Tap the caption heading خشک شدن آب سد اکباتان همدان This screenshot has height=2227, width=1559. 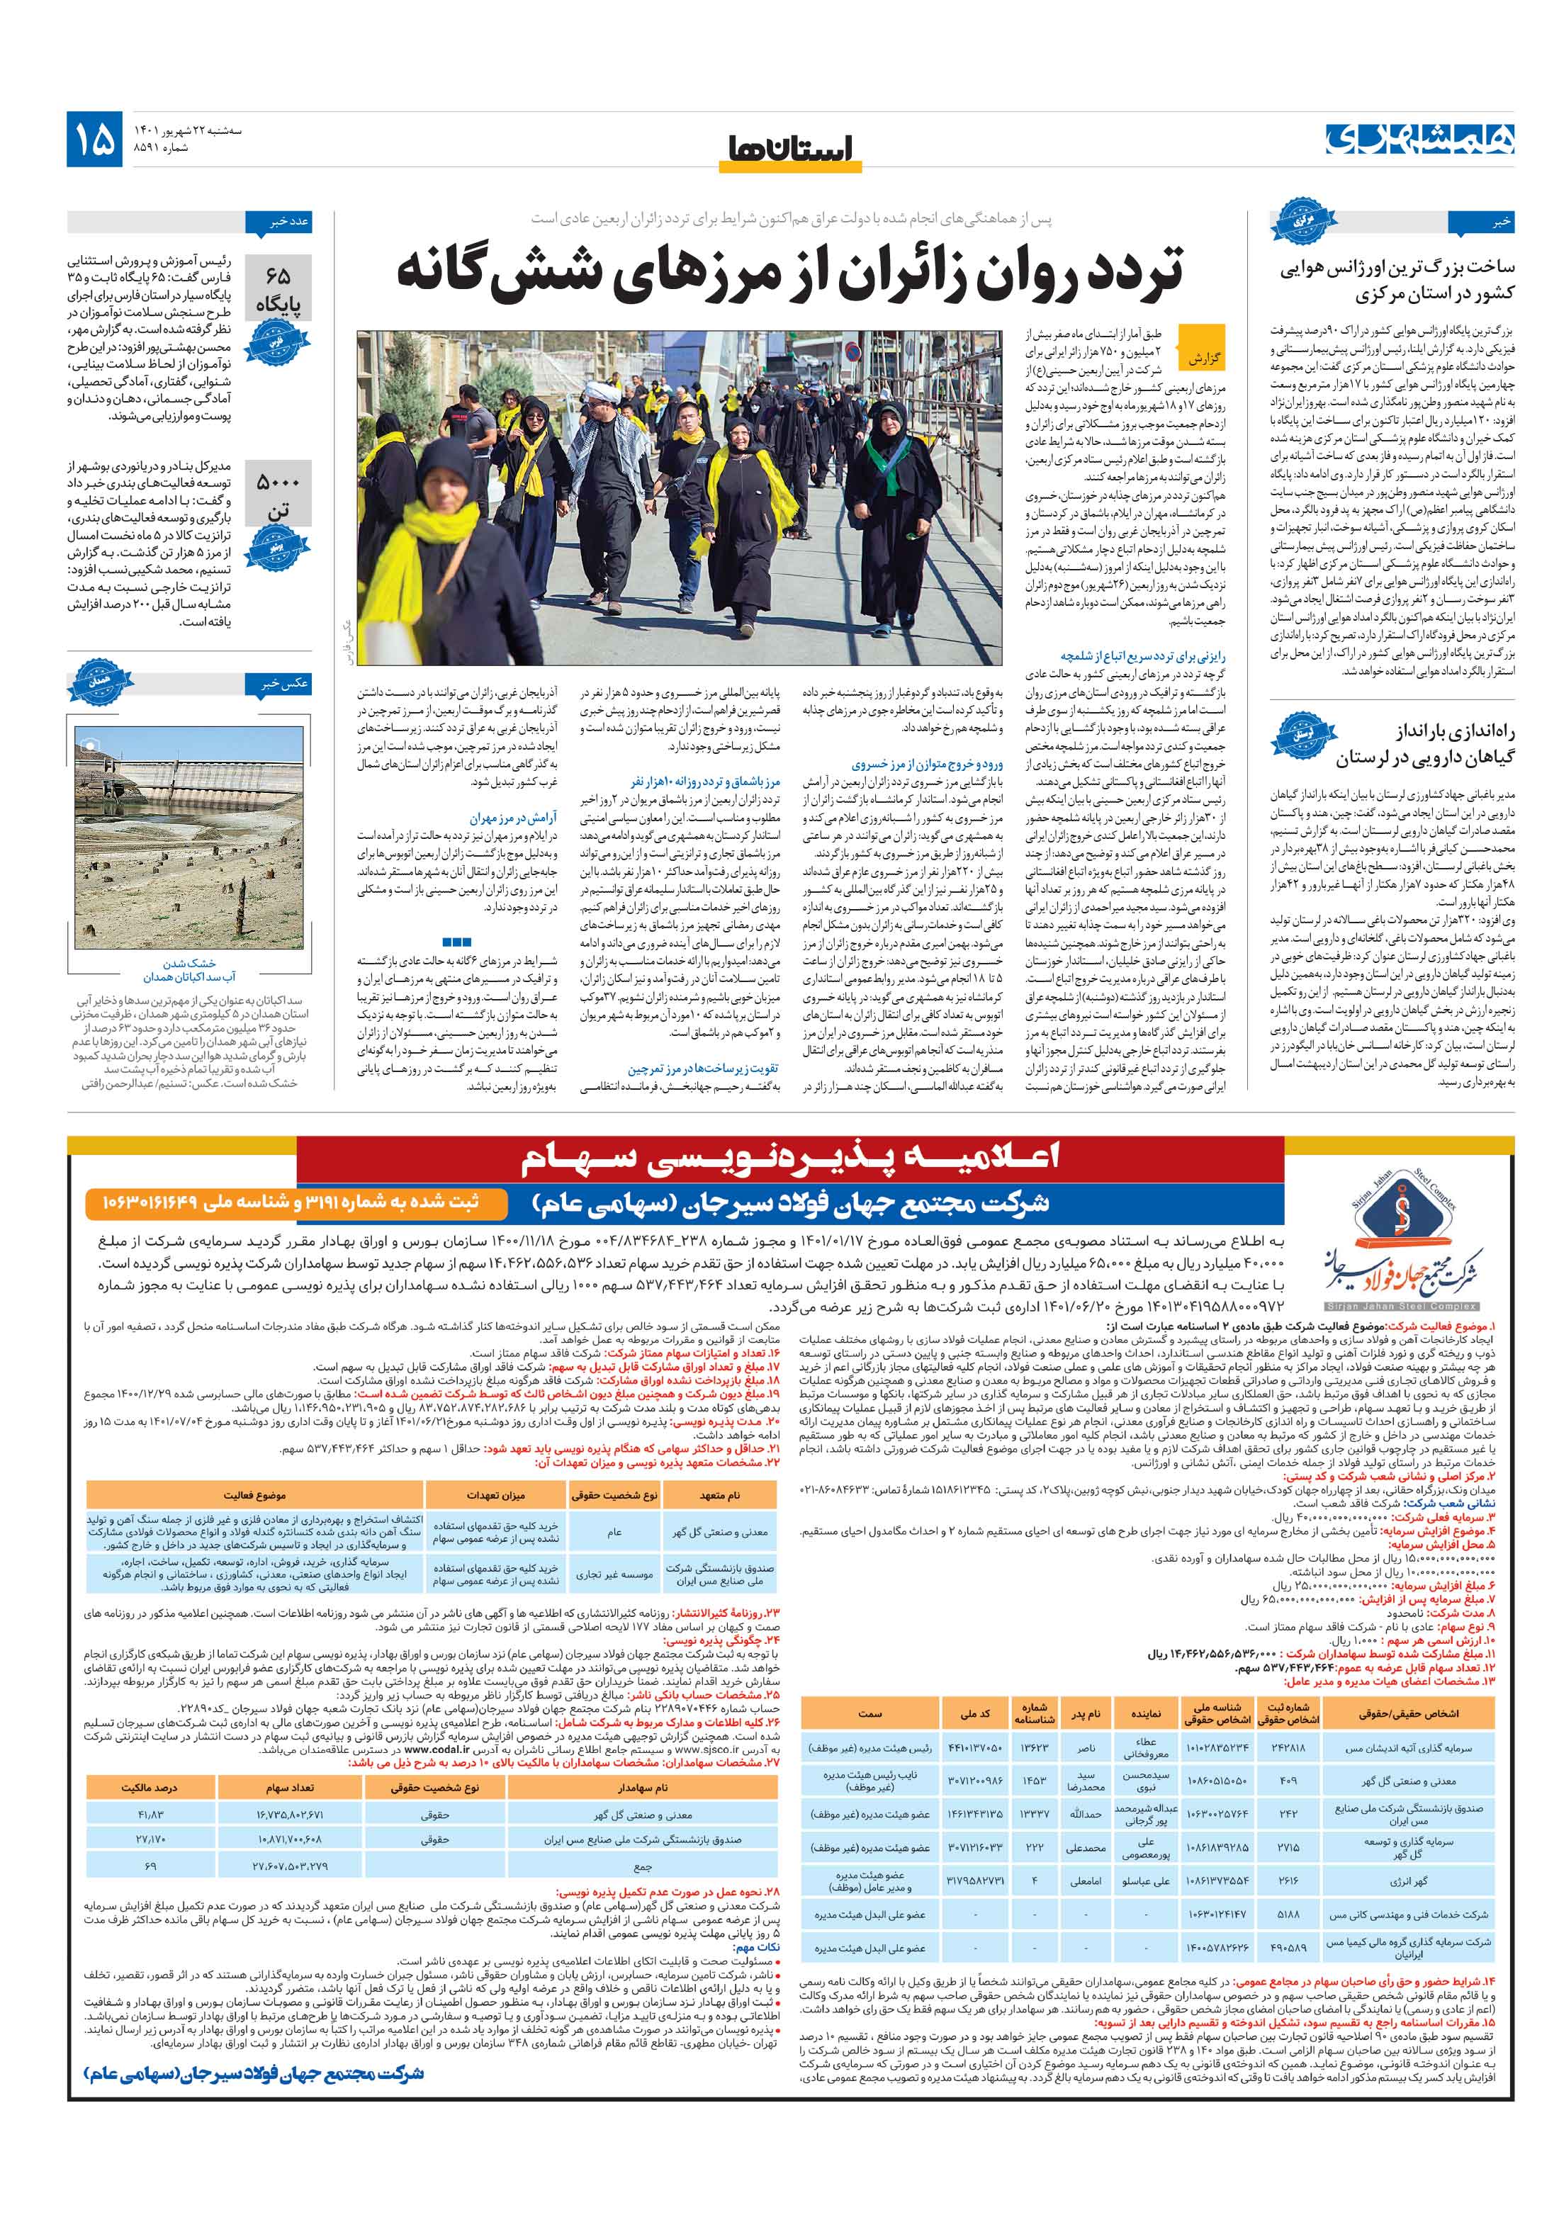(189, 970)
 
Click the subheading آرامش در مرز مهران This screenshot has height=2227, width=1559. (513, 818)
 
